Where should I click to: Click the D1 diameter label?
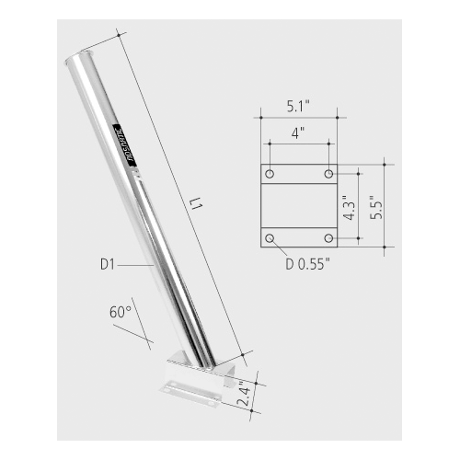click(108, 265)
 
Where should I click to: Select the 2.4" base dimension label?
click(244, 397)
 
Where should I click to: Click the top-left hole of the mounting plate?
click(269, 174)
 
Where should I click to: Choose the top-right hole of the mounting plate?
click(328, 174)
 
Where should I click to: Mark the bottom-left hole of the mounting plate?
click(269, 238)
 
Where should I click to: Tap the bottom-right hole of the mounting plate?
click(328, 238)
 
